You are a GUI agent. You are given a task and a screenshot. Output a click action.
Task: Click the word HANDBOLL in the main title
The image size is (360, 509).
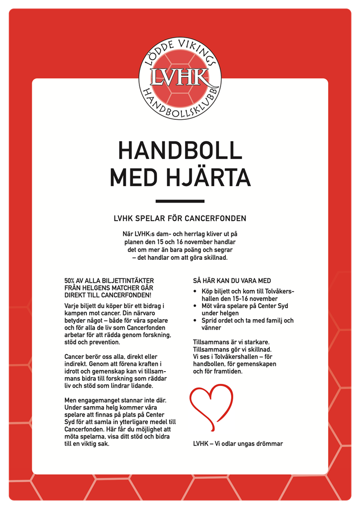pos(180,151)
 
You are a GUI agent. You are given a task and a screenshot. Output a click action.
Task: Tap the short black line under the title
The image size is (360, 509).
pos(180,201)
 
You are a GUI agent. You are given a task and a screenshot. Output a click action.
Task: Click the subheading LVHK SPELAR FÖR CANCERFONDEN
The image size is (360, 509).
pos(180,218)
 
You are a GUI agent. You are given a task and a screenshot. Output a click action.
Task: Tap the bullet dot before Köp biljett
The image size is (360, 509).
pos(196,292)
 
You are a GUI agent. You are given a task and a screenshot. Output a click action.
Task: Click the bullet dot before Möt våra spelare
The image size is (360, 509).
pos(196,306)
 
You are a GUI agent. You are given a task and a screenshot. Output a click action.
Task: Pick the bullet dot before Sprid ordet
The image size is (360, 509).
pos(196,321)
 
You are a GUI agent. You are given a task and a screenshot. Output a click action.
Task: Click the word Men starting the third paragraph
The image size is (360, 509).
pos(71,401)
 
